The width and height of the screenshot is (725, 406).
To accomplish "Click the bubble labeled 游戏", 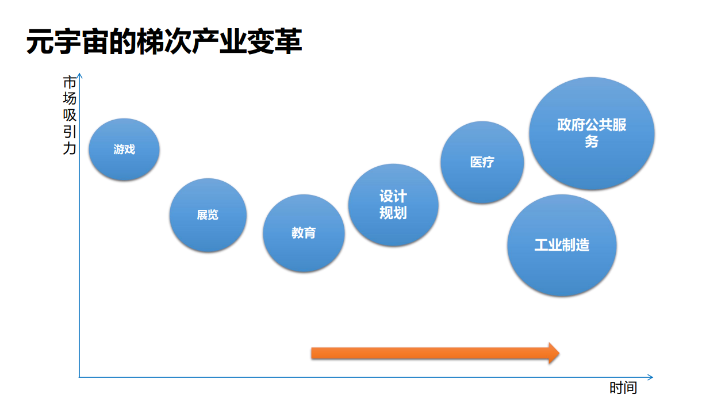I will pos(124,150).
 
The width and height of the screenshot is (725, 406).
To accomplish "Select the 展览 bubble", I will pos(208,215).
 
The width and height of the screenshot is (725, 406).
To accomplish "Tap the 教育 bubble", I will pos(304,233).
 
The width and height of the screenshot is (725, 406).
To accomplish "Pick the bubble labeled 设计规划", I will pos(393,205).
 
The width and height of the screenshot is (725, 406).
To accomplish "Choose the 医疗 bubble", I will pos(482,162).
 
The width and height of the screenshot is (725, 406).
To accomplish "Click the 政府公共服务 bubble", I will pos(592,133).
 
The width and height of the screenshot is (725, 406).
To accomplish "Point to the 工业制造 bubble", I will pos(562,245).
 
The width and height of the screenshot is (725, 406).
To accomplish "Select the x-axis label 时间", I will pos(623,388).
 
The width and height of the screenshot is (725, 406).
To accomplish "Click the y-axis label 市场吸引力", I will pos(69,115).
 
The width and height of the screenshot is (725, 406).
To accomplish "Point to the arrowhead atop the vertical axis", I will pos(80,75).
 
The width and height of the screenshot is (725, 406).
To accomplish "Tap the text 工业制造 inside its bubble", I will pos(562,245).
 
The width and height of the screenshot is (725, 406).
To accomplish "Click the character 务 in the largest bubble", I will pos(592,141).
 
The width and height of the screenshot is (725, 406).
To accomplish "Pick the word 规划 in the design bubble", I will pos(393,213).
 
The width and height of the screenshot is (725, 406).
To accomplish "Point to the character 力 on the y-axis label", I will pos(69,149).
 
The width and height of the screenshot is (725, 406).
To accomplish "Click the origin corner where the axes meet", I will pos(79,377).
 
